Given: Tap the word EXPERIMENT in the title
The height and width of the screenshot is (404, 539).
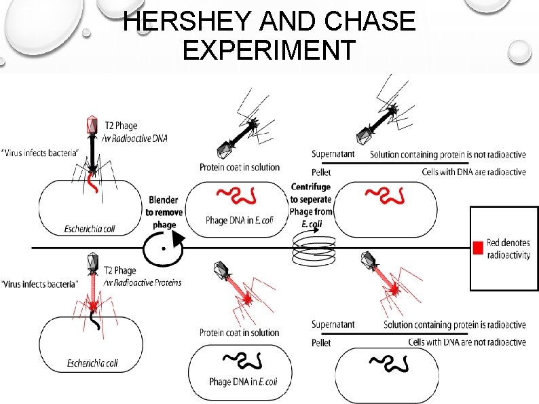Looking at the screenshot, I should coord(269,51).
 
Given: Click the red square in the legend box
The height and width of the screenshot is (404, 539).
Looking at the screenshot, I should coord(479,249).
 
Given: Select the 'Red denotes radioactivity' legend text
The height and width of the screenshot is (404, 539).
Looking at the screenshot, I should coord(508,249).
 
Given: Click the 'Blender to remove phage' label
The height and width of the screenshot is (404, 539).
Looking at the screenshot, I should coord(164,212).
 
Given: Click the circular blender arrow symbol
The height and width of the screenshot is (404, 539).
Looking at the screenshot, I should coord(164,247).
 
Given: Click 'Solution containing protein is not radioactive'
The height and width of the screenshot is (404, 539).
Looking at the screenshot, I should coord(447,155).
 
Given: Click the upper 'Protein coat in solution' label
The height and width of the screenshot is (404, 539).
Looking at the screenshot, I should coord(240,167).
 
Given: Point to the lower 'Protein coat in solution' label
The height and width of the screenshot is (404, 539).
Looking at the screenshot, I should coord(240,332).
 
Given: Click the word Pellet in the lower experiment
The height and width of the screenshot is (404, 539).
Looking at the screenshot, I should coord(321,343).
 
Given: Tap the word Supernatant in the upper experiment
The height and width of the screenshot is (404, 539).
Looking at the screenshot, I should coord(333,154).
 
